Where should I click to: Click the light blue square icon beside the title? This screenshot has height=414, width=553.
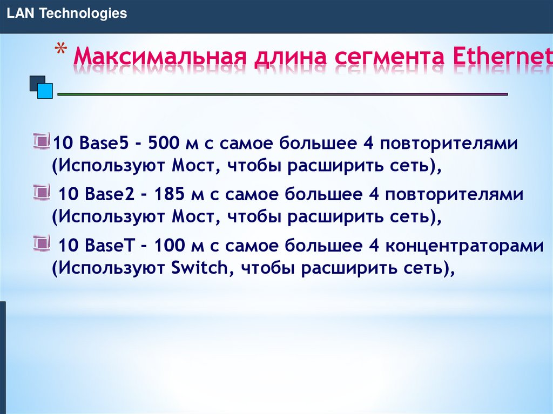pyautogui.click(x=46, y=91)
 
